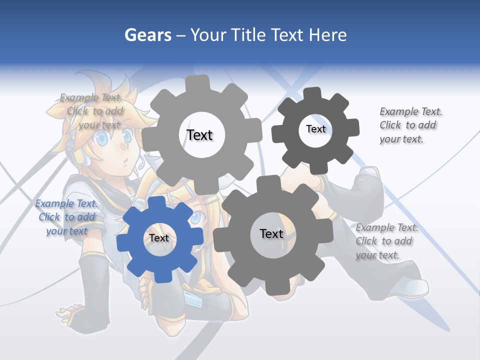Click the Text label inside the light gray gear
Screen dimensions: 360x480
(199, 135)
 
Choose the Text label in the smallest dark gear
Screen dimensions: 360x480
(315, 129)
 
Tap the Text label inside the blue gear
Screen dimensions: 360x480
(159, 238)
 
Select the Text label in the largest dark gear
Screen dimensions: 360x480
(271, 233)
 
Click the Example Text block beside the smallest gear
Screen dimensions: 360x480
(410, 125)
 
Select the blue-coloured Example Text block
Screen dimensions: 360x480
(66, 217)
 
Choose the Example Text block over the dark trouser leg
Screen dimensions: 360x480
(386, 241)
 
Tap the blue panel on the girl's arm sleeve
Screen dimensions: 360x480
(193, 299)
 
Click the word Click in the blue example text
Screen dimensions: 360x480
(49, 217)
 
